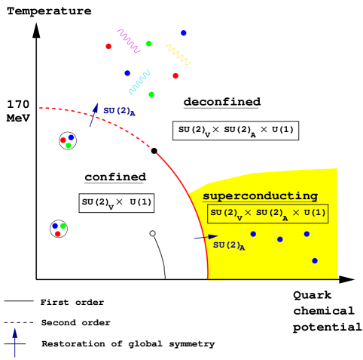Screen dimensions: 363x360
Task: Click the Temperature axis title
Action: pos(49,11)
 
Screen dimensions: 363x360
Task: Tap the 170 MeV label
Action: pos(18,111)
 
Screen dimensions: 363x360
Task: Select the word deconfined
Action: pos(222,102)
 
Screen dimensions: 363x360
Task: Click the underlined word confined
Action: pos(115,177)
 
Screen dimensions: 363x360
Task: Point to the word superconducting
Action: pos(261,196)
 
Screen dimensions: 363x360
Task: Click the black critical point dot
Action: pos(154,151)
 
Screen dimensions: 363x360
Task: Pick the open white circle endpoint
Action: pos(152,233)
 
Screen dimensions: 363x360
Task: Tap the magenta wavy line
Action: pos(129,41)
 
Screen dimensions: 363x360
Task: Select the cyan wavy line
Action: pos(139,82)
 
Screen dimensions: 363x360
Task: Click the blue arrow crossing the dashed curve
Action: pos(93,115)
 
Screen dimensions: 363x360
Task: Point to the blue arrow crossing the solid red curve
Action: pos(206,237)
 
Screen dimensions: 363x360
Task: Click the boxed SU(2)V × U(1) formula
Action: pos(117,203)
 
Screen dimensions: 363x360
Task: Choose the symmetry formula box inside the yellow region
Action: pos(268,214)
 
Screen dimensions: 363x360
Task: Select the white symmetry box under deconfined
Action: pos(236,131)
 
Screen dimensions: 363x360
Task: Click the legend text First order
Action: pos(72,302)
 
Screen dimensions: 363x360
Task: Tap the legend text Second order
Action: pos(76,322)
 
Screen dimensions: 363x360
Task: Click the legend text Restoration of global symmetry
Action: pos(128,344)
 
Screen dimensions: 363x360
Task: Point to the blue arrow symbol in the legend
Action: pos(15,343)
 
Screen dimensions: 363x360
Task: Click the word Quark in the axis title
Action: pos(313,295)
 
